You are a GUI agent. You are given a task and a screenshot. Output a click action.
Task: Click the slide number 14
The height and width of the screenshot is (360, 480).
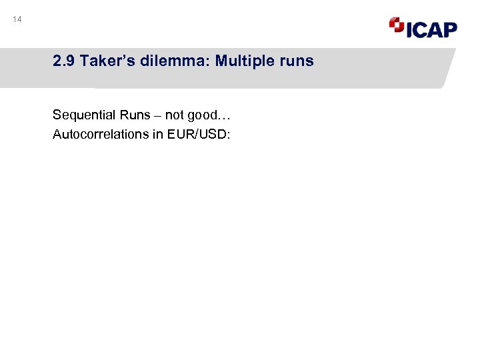coord(17,20)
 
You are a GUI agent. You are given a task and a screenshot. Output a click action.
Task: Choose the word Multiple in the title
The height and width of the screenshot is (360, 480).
coord(245,61)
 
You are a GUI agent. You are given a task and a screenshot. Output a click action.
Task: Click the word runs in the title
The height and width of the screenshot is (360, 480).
coord(297,61)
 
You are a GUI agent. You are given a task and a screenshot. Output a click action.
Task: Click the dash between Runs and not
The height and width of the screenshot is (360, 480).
coord(158,115)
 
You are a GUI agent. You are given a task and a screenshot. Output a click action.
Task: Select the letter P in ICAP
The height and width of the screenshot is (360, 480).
coord(449,29)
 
